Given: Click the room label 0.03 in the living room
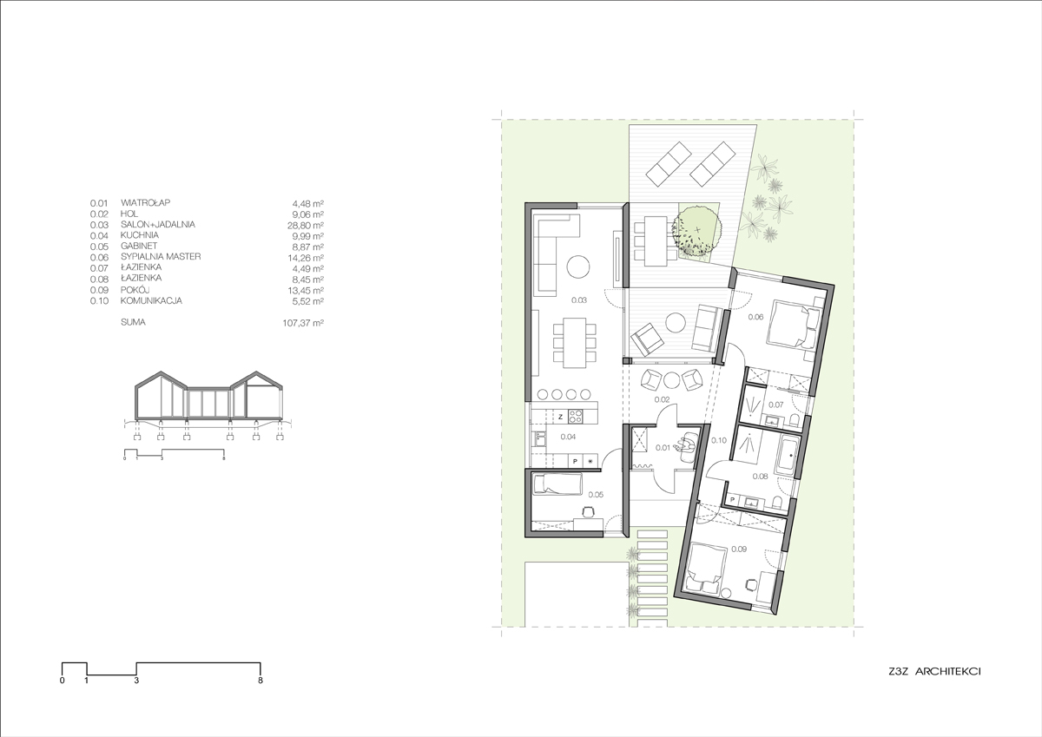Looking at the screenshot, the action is click(x=579, y=300).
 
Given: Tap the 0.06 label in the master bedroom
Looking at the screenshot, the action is click(x=755, y=317).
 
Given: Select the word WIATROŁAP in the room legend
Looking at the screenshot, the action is click(x=146, y=203).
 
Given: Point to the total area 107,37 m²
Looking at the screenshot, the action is click(x=303, y=323).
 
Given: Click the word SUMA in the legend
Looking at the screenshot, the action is click(x=133, y=322).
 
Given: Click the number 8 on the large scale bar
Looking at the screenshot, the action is click(x=260, y=681).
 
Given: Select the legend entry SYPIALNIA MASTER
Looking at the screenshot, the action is click(x=161, y=257).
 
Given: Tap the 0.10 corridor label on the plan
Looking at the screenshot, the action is click(x=719, y=440).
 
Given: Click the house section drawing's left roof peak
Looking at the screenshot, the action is click(x=161, y=372).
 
